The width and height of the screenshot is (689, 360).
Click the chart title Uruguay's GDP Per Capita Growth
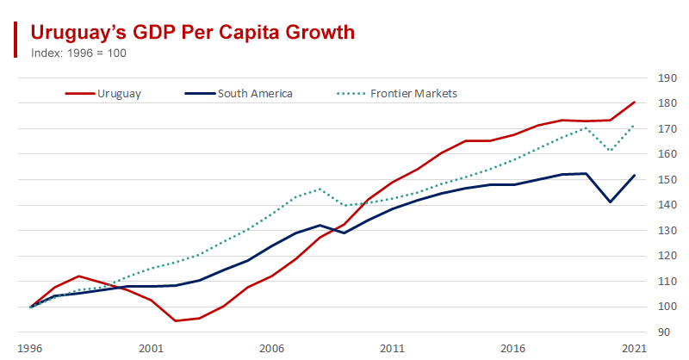192,33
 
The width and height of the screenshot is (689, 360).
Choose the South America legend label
255,93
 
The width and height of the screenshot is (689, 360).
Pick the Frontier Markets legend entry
413,93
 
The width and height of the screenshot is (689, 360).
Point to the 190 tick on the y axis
666,78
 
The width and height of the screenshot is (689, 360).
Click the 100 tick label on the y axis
666,307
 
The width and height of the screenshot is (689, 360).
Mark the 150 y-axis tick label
666,180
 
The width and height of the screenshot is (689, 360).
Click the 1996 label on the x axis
31,349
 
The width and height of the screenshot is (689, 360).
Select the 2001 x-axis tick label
152,349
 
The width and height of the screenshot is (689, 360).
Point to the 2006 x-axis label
272,349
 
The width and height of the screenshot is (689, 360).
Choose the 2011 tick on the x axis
393,349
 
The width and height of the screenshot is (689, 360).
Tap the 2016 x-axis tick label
513,349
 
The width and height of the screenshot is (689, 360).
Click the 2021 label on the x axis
634,349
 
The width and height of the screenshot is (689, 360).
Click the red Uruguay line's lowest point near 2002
176,320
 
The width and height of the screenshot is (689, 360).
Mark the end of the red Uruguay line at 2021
635,102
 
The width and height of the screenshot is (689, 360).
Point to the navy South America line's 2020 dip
611,202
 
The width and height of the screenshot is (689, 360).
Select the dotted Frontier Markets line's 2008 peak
320,189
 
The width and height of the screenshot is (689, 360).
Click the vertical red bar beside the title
16,39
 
